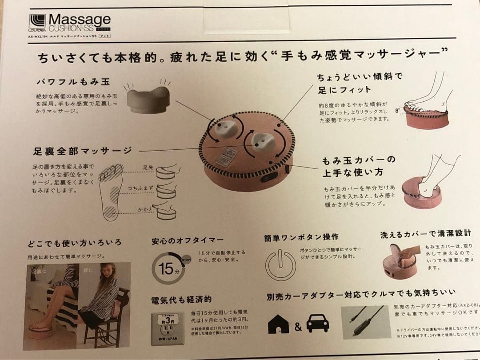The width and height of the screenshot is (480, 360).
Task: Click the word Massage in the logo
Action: point(80,20)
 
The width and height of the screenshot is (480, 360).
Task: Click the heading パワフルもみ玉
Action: point(73,82)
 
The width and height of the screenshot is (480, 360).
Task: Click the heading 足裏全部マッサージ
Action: point(82,151)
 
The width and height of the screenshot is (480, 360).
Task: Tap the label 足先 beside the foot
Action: point(148,168)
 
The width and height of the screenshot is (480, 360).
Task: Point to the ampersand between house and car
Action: point(298,327)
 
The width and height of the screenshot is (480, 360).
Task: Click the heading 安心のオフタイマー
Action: point(188,241)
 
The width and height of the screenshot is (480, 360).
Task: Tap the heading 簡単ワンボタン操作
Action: point(300,237)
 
